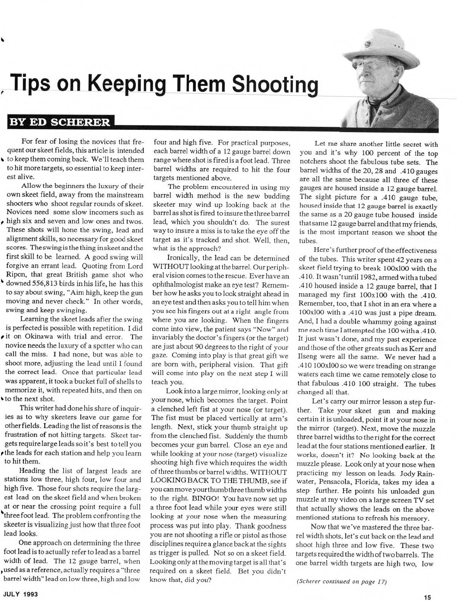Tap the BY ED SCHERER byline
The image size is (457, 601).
pos(60,122)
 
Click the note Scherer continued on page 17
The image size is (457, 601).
pos(341,582)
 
